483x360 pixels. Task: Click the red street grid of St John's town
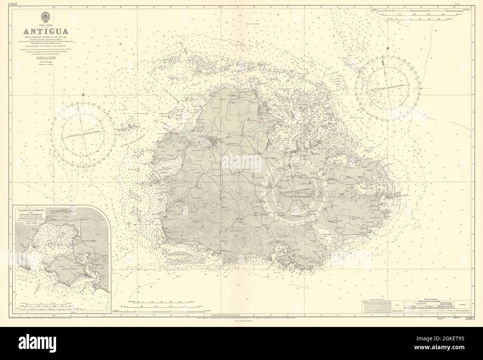click(x=214, y=142)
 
